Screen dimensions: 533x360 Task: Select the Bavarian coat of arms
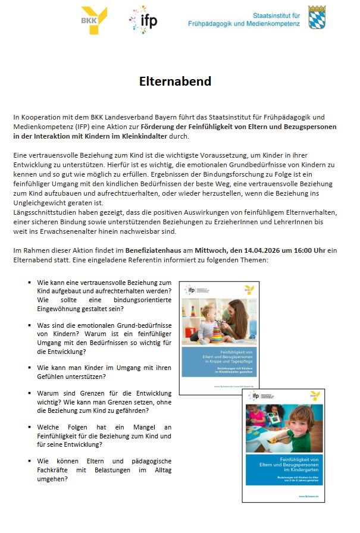[317, 17]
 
